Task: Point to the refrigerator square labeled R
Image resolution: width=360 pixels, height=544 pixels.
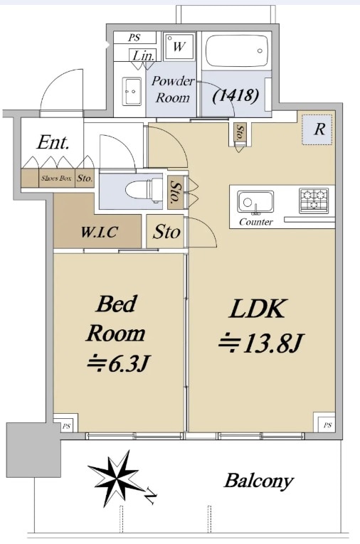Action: click(x=319, y=130)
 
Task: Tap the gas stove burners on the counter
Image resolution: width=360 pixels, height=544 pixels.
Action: click(x=314, y=200)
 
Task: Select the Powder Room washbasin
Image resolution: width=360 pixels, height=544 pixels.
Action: click(x=132, y=91)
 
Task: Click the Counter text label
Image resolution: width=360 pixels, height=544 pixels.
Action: click(x=256, y=222)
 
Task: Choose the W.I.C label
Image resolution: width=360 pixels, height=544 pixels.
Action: click(x=99, y=232)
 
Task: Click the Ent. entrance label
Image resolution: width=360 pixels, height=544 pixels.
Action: click(x=53, y=142)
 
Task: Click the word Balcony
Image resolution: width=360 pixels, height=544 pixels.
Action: click(x=258, y=481)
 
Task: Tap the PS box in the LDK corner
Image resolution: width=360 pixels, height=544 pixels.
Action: click(x=327, y=425)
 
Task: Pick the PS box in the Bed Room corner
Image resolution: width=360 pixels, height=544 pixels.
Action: click(x=66, y=426)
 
